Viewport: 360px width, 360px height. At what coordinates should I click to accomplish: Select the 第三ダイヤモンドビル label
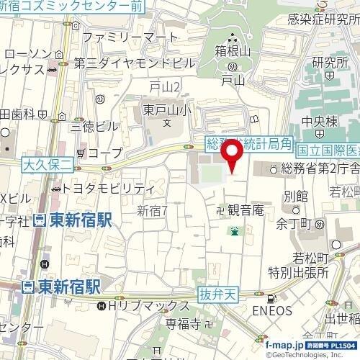coord(134,63)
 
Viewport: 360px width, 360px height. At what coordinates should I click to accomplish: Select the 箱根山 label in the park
coord(231,51)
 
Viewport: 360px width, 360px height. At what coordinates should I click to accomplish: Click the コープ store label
coord(104,153)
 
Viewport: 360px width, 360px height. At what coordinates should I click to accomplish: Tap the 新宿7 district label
coord(152,210)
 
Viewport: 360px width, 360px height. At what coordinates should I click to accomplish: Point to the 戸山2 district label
coord(164,86)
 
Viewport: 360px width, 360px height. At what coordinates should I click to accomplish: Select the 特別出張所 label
coord(298,272)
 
